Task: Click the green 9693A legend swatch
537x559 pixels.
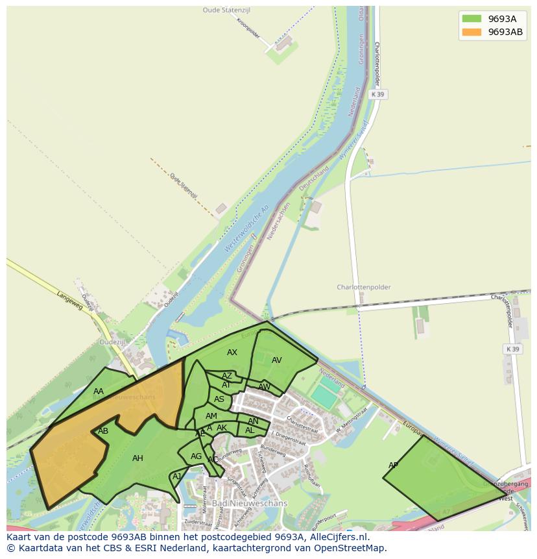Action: click(x=471, y=19)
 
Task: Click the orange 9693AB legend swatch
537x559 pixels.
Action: click(x=471, y=32)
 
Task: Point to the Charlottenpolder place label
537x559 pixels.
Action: click(x=364, y=287)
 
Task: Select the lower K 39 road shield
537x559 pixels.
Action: click(x=512, y=349)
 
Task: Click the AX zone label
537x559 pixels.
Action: click(x=232, y=353)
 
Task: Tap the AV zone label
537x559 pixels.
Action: click(x=277, y=360)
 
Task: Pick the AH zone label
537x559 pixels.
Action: click(x=137, y=458)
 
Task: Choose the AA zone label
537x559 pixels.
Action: click(x=99, y=391)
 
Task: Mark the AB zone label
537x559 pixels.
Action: click(x=103, y=431)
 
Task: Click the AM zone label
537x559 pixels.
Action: click(x=211, y=416)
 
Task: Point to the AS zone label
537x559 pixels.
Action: click(x=219, y=399)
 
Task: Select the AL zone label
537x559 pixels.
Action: click(x=250, y=430)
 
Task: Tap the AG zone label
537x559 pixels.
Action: click(x=196, y=456)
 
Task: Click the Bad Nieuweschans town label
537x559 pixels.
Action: click(x=240, y=503)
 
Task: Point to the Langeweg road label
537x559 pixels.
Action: click(x=70, y=301)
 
